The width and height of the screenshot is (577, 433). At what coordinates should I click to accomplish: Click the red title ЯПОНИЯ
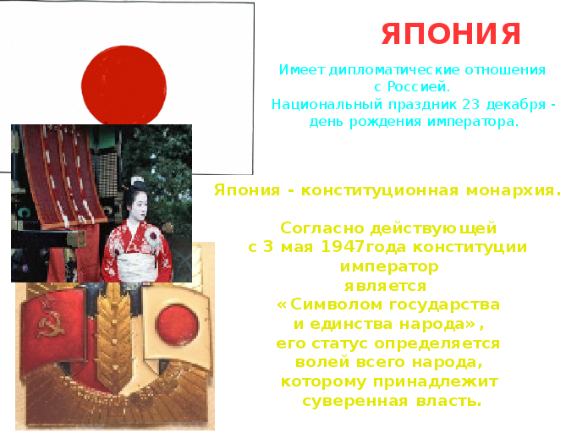point(451,34)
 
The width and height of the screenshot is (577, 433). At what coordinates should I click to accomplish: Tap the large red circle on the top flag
point(124,85)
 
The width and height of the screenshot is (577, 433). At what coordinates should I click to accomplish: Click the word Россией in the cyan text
point(419,87)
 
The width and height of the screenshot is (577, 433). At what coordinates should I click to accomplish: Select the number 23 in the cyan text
point(471,105)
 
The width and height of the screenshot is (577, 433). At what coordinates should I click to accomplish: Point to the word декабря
point(516,105)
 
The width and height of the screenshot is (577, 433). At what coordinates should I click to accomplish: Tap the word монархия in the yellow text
point(514,190)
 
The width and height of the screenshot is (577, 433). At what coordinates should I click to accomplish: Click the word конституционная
point(380,190)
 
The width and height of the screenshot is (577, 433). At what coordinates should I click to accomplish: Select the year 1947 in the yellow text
point(343,246)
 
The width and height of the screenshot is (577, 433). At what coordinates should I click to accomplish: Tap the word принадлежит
point(436,382)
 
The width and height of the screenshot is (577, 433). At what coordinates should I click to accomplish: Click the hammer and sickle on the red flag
point(51,320)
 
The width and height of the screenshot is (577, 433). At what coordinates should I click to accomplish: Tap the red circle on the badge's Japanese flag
point(178,325)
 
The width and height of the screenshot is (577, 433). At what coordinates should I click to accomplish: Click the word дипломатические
point(394,70)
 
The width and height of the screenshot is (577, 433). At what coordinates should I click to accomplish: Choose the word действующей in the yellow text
point(433,228)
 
